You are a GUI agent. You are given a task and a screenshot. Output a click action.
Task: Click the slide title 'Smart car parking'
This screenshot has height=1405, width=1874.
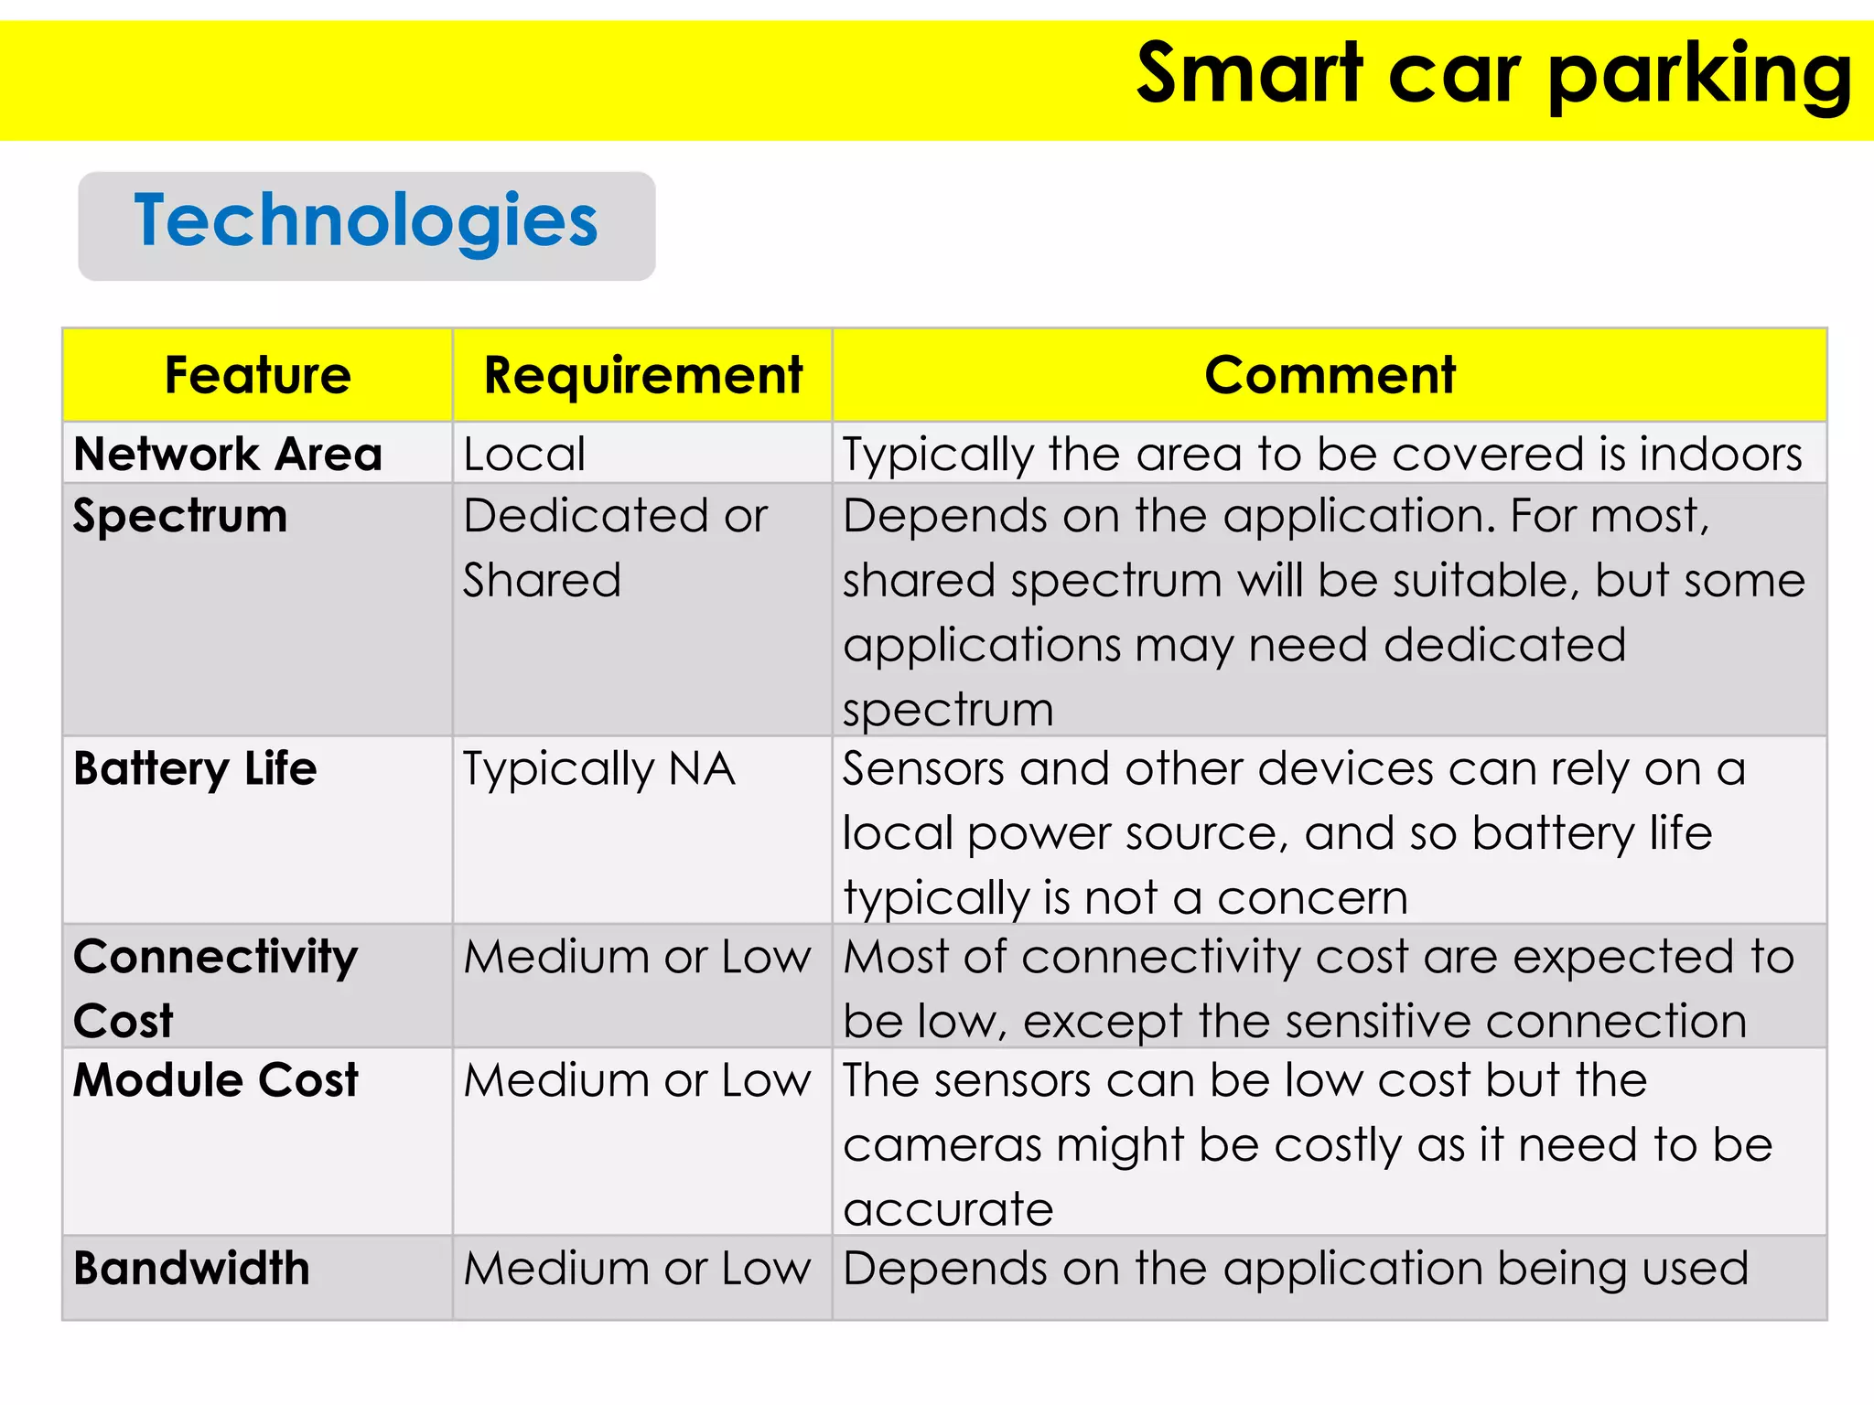[x=1493, y=75]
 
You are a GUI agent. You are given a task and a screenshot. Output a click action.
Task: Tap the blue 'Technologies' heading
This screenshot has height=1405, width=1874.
[x=366, y=221]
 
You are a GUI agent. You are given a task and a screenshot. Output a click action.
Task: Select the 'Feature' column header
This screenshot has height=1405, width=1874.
[x=258, y=375]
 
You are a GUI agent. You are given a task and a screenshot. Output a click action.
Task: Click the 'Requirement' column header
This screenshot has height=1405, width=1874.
[x=642, y=375]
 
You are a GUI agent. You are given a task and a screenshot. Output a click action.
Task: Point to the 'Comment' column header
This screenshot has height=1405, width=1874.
[x=1329, y=375]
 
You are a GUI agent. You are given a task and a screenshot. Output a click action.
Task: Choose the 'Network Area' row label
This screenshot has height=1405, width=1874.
[x=228, y=454]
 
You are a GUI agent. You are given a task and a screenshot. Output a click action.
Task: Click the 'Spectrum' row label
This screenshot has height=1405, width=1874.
[x=180, y=516]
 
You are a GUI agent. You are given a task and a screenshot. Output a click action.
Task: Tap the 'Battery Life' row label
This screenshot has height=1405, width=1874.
[x=195, y=768]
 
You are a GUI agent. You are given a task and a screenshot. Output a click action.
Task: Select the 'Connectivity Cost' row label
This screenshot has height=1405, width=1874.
[x=215, y=988]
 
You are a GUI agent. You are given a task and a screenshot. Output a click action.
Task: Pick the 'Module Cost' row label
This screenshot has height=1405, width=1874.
[x=215, y=1080]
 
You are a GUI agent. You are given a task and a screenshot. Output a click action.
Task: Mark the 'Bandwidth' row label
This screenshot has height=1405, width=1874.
[x=191, y=1269]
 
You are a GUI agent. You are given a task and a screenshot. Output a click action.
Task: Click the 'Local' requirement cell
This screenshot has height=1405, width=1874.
[x=523, y=455]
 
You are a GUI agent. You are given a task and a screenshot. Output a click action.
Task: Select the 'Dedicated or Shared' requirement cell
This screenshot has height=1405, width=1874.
[x=614, y=547]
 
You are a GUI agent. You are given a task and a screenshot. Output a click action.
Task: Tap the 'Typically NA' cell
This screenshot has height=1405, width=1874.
[x=598, y=769]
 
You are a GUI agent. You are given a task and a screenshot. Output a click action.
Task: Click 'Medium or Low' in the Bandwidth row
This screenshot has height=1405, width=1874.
[x=637, y=1269]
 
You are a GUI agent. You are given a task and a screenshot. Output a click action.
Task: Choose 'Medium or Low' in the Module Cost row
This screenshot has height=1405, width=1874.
[x=637, y=1081]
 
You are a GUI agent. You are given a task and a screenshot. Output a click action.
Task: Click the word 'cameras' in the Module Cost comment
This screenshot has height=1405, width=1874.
[x=942, y=1145]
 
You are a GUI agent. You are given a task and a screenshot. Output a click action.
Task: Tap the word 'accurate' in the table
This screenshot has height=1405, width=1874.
[x=948, y=1209]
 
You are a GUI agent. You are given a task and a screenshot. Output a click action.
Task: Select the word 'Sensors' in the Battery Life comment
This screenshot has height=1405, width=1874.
[x=923, y=769]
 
